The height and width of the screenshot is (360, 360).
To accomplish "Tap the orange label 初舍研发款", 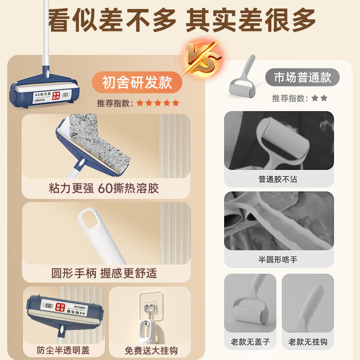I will pyautogui.click(x=137, y=82).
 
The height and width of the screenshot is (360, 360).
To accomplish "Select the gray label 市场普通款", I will pyautogui.click(x=302, y=77).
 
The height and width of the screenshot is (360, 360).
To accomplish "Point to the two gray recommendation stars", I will pyautogui.click(x=319, y=98).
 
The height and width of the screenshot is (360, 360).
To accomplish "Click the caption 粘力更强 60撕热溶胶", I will pyautogui.click(x=103, y=188).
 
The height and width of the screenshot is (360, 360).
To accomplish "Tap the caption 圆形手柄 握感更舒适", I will pyautogui.click(x=104, y=273).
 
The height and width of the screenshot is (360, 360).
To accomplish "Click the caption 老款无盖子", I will pyautogui.click(x=250, y=342).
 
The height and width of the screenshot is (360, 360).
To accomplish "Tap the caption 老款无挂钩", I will pyautogui.click(x=308, y=342).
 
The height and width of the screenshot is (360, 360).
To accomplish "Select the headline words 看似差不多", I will pyautogui.click(x=112, y=20).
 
